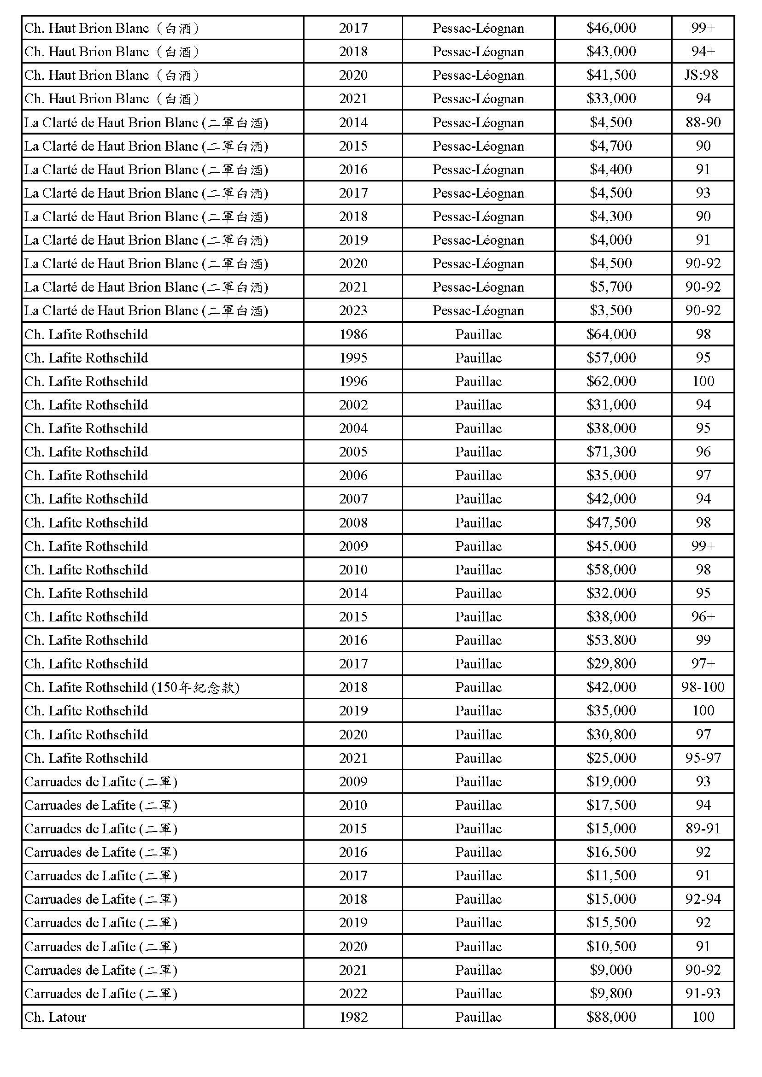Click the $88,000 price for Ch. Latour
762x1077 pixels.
coord(611,1017)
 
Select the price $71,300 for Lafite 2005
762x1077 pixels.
coord(611,451)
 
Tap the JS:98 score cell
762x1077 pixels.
coord(702,75)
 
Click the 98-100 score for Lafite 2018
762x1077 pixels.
coord(703,687)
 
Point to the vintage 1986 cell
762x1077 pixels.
coord(353,334)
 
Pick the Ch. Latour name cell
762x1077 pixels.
coord(55,1017)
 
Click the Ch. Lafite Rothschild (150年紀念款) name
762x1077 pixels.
coord(132,687)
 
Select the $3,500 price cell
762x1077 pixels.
coord(611,310)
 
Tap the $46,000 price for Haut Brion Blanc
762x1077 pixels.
coord(611,28)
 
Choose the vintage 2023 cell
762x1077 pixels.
coord(353,310)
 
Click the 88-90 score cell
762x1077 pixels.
coord(703,123)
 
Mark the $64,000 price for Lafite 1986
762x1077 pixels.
coord(611,334)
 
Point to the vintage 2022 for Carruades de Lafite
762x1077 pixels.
coord(353,993)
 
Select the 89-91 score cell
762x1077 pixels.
coord(703,828)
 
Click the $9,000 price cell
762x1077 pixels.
coord(611,969)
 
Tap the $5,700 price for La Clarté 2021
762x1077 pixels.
coord(611,287)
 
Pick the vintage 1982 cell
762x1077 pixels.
coord(353,1017)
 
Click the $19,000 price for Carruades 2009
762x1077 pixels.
coord(611,781)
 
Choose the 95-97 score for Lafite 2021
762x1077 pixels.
coord(703,758)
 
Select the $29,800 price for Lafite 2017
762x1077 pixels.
coord(611,663)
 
